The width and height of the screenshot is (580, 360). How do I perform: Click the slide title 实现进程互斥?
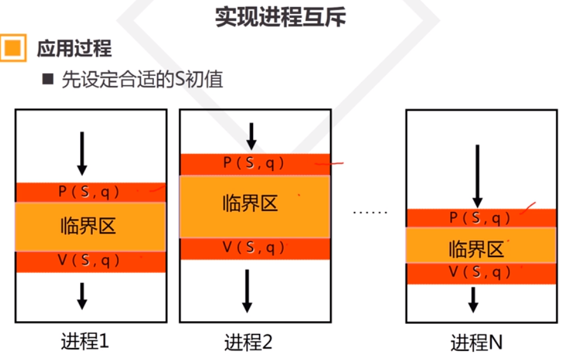tap(280, 17)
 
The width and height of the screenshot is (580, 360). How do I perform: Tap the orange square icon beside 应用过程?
tap(13, 48)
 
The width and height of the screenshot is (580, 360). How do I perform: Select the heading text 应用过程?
tap(74, 48)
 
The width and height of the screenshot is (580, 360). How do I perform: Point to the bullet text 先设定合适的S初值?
tap(142, 80)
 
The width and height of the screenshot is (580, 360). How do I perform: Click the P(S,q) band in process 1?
tap(90, 192)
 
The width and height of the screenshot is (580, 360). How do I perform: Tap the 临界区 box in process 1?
tap(90, 226)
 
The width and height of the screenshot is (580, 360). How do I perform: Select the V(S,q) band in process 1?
tap(90, 261)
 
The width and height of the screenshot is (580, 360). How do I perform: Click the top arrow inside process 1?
tap(81, 153)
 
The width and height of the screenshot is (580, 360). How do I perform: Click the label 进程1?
tap(85, 342)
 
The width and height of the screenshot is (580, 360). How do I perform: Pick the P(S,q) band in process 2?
tap(254, 164)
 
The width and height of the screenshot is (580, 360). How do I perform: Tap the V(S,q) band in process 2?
tap(254, 249)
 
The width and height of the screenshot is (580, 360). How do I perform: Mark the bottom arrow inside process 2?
tap(247, 290)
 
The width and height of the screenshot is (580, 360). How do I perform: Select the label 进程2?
tap(248, 343)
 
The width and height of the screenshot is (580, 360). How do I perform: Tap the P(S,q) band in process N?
tap(481, 218)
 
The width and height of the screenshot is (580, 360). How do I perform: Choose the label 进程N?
tap(476, 343)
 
